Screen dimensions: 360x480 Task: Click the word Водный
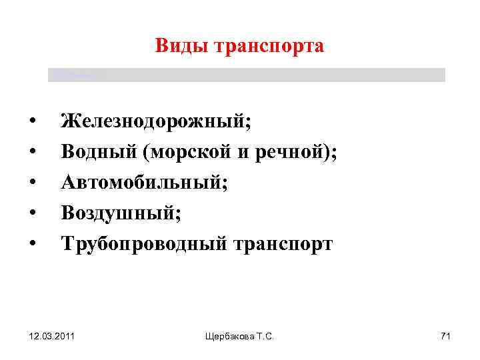click(x=98, y=153)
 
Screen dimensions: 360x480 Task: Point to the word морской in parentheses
click(x=189, y=153)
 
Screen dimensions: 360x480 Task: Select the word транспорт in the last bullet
click(x=282, y=244)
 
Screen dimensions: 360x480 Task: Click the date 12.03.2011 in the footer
click(x=51, y=337)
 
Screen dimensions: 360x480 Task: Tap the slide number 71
click(x=445, y=337)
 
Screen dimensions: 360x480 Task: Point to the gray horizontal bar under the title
click(x=247, y=75)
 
